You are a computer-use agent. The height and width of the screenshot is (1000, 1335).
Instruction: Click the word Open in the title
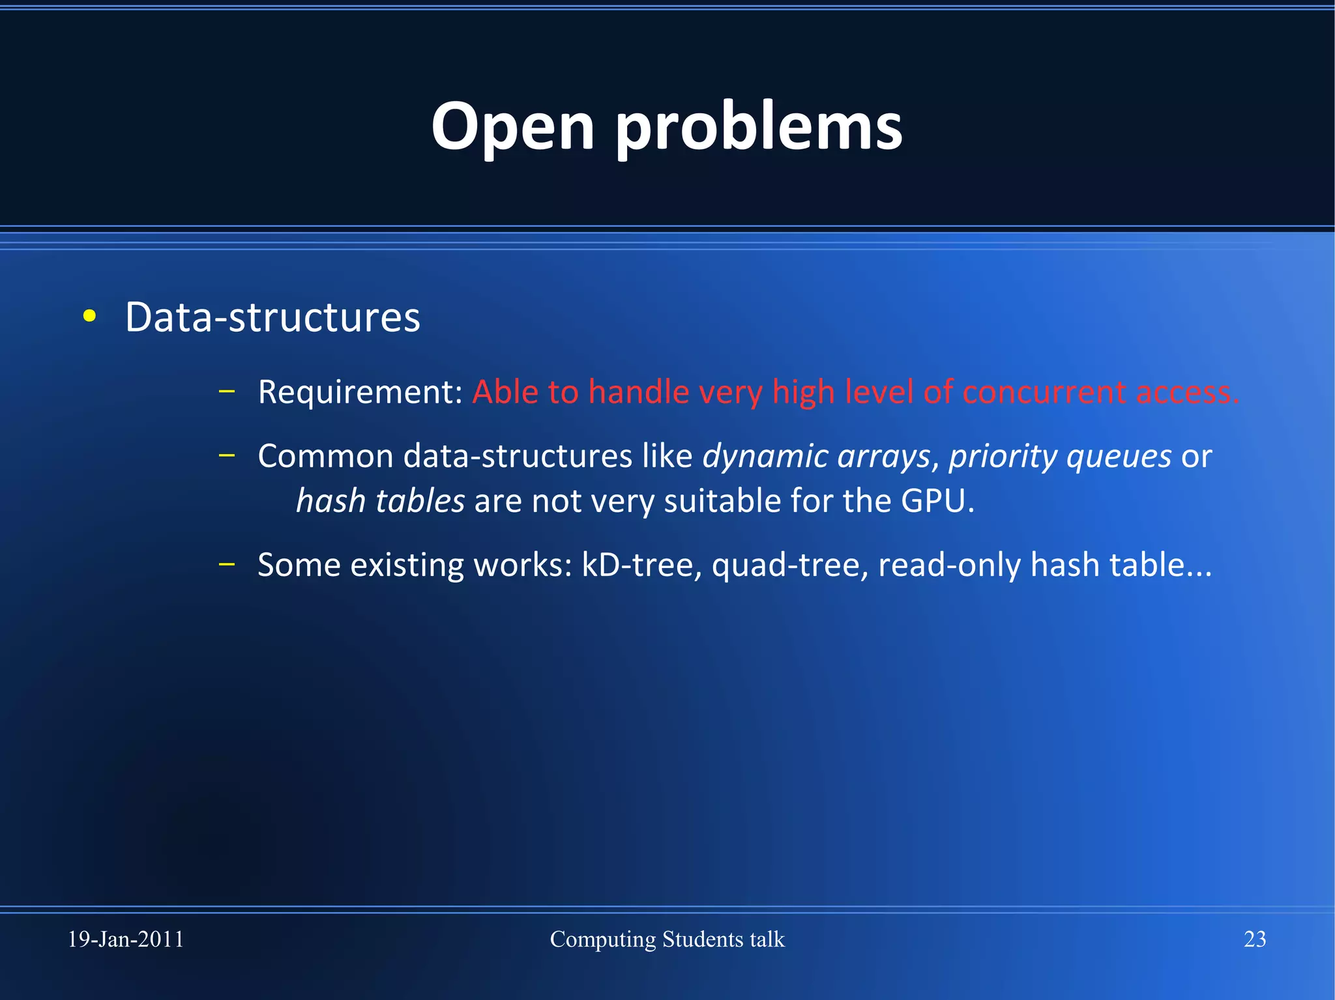tap(512, 127)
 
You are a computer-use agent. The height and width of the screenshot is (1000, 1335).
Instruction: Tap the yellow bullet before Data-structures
tap(90, 317)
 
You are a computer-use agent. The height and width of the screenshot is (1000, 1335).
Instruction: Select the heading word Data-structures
tap(272, 317)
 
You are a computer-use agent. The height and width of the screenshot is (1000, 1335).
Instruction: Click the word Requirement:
tap(360, 392)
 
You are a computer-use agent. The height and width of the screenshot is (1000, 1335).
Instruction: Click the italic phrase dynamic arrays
tap(816, 456)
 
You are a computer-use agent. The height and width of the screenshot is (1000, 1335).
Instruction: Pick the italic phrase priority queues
tap(1060, 456)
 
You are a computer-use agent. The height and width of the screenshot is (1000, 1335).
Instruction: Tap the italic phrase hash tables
tap(380, 501)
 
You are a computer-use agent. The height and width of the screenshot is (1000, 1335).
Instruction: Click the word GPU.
tap(937, 501)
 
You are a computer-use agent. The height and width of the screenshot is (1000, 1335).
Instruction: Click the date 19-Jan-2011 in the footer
tap(126, 939)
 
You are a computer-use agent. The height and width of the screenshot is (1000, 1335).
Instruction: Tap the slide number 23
tap(1255, 939)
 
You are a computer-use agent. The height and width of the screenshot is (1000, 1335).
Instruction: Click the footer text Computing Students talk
tap(667, 939)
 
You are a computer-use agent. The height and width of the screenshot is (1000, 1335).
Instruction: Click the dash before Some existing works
tap(226, 564)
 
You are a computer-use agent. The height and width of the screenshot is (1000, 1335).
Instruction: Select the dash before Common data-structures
tap(226, 455)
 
